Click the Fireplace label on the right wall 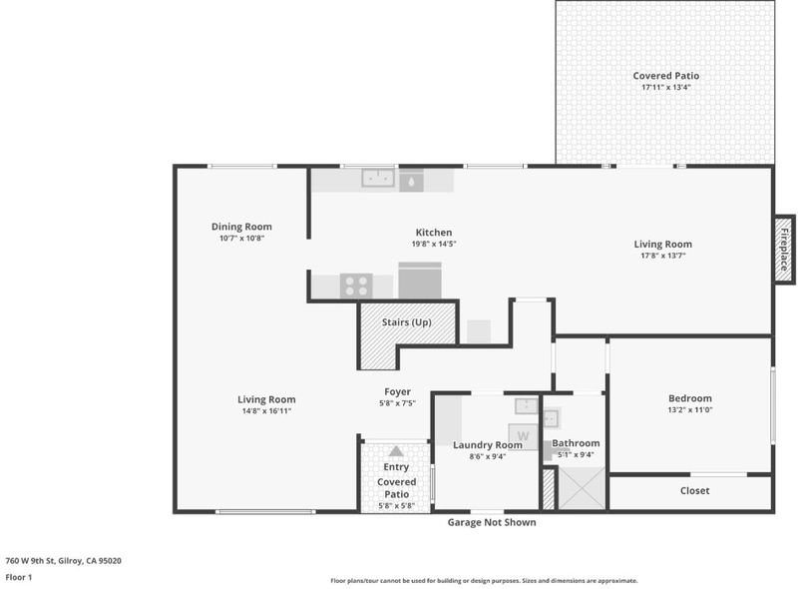785,250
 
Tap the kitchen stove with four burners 356,286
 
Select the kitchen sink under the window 378,178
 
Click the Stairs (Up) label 407,322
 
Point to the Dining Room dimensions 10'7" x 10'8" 241,238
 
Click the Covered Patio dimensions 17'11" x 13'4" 665,87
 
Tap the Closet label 694,490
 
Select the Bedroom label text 690,398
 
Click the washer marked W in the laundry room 523,436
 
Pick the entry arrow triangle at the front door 396,451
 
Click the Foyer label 397,391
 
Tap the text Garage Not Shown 492,522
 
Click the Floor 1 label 18,577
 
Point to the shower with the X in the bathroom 583,487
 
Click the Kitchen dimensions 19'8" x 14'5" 434,244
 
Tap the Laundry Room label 488,445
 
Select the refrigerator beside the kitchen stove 420,281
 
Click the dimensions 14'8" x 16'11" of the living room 266,410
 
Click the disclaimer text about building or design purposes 484,581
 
